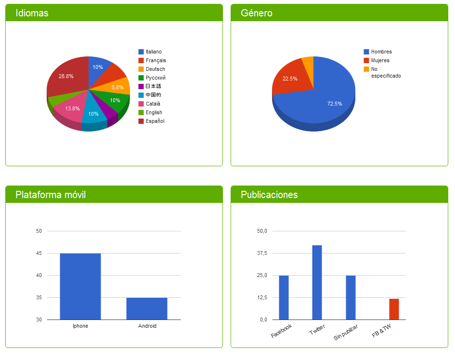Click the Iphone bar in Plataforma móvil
pos(80,286)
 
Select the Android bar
pos(147,308)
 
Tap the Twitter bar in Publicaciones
pos(317,282)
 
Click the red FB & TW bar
pos(394,309)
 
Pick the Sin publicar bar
pos(351,297)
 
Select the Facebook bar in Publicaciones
pos(284,297)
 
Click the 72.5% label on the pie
pos(335,104)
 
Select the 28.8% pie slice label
pos(66,76)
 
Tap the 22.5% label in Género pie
pos(290,79)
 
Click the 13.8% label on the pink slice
pos(73,108)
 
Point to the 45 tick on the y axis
pos(39,253)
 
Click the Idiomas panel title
pos(32,13)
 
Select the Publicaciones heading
pos(269,195)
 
